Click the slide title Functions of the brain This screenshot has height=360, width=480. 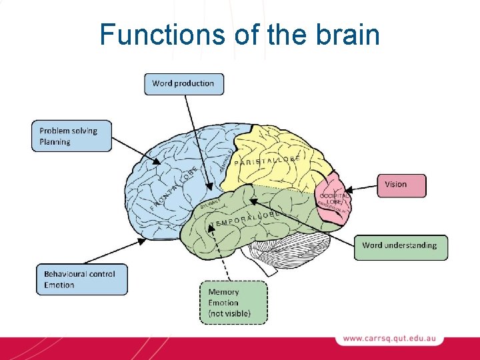click(x=239, y=34)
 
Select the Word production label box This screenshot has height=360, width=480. click(x=184, y=84)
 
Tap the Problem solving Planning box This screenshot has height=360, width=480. click(x=71, y=136)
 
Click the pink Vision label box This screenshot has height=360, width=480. click(x=402, y=185)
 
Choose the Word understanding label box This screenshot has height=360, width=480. click(x=400, y=246)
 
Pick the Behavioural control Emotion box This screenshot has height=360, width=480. click(x=81, y=279)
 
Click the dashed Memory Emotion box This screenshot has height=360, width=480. click(x=233, y=302)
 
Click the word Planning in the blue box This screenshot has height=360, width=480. click(x=55, y=142)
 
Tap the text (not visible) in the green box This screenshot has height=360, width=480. click(x=229, y=313)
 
